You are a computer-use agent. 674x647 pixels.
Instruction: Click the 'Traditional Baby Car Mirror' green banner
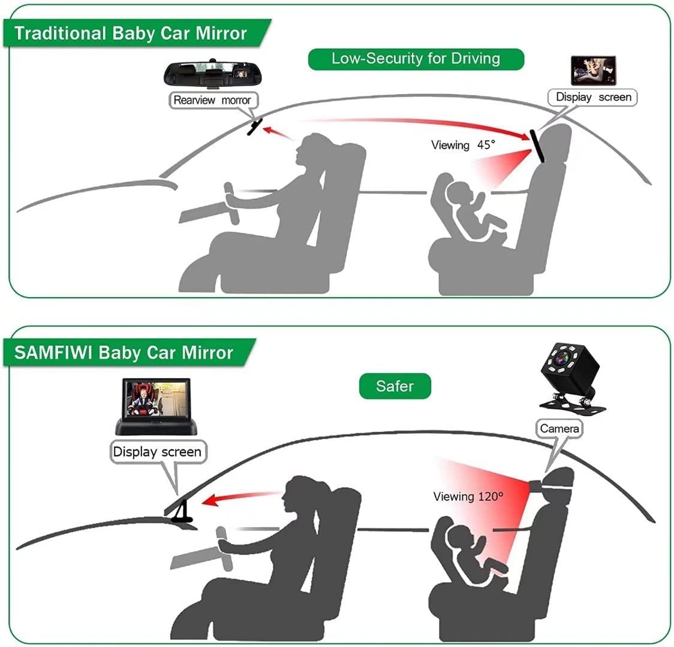pyautogui.click(x=131, y=33)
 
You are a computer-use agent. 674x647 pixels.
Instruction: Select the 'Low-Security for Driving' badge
pyautogui.click(x=416, y=58)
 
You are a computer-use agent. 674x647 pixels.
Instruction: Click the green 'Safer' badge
pyautogui.click(x=395, y=386)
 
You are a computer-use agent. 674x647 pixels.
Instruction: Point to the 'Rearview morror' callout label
pyautogui.click(x=212, y=100)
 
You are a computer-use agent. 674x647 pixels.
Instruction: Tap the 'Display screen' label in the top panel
pyautogui.click(x=593, y=97)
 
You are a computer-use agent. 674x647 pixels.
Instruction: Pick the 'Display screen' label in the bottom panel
pyautogui.click(x=157, y=451)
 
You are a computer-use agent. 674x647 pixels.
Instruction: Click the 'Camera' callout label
pyautogui.click(x=559, y=428)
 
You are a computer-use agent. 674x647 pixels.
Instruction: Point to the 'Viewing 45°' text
pyautogui.click(x=463, y=145)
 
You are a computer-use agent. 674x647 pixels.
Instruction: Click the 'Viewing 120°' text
pyautogui.click(x=468, y=496)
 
